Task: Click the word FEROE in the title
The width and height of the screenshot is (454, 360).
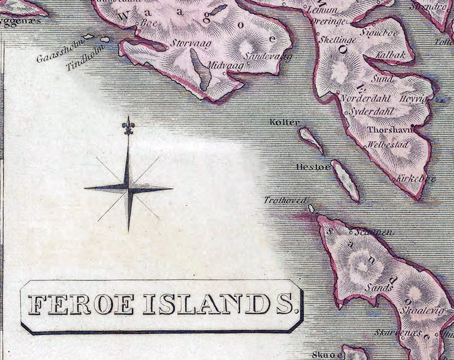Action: tap(81, 304)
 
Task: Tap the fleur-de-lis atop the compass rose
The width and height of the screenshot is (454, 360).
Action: tap(129, 125)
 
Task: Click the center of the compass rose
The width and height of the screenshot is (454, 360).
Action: tap(129, 187)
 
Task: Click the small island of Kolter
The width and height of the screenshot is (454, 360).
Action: tap(310, 139)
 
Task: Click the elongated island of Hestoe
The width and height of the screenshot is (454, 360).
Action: tap(346, 180)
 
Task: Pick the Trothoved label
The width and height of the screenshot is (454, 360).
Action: tap(285, 200)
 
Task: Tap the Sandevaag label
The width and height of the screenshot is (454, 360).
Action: tap(268, 56)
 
